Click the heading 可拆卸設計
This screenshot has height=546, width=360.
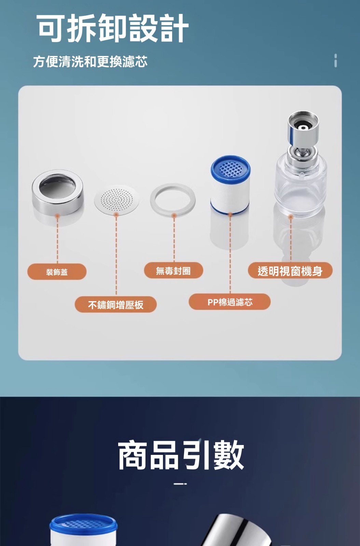coord(112,28)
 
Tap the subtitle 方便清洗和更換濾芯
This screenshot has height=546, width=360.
coord(90,61)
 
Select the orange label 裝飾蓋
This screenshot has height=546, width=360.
coord(57,272)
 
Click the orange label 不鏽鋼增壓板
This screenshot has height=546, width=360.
coord(115,304)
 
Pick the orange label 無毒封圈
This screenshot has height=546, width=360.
coord(174,271)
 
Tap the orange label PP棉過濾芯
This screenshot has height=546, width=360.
coord(230,302)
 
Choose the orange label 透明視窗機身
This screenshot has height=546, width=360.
coord(290,271)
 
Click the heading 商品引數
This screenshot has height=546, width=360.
coord(181,455)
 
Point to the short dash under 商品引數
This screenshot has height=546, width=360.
coord(180,484)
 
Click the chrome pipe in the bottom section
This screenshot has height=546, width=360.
coord(234,531)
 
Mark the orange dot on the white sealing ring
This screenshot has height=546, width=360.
coord(174,215)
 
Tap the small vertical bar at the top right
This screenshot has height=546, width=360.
coord(336,60)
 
